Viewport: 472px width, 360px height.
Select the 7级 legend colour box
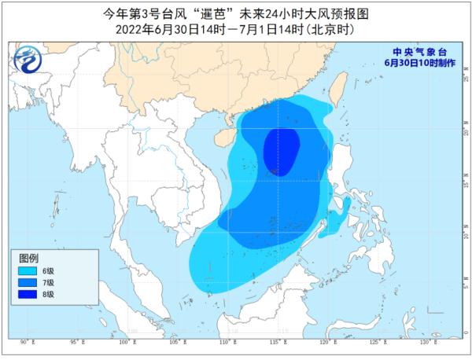pos(27,283)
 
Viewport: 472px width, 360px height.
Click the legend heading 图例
pos(29,257)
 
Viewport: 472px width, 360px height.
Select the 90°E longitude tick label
pos(26,343)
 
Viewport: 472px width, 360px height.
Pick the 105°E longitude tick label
pos(175,343)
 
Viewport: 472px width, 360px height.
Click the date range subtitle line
pos(234,28)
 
